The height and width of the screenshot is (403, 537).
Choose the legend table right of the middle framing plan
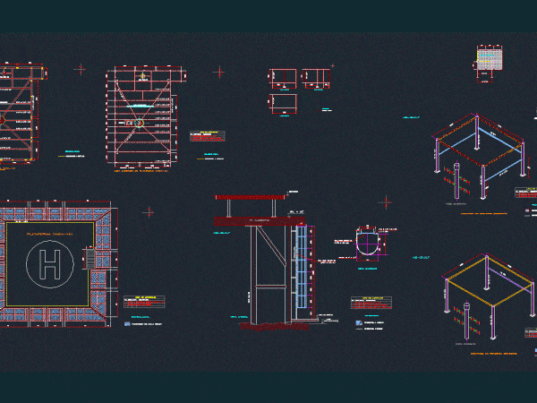[x=208, y=136]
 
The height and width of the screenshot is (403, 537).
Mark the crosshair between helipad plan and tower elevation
[x=149, y=212]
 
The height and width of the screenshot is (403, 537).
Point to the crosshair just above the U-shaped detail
[x=386, y=203]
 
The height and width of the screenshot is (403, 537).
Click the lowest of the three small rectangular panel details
[x=284, y=104]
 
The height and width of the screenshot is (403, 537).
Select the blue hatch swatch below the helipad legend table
[x=127, y=325]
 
